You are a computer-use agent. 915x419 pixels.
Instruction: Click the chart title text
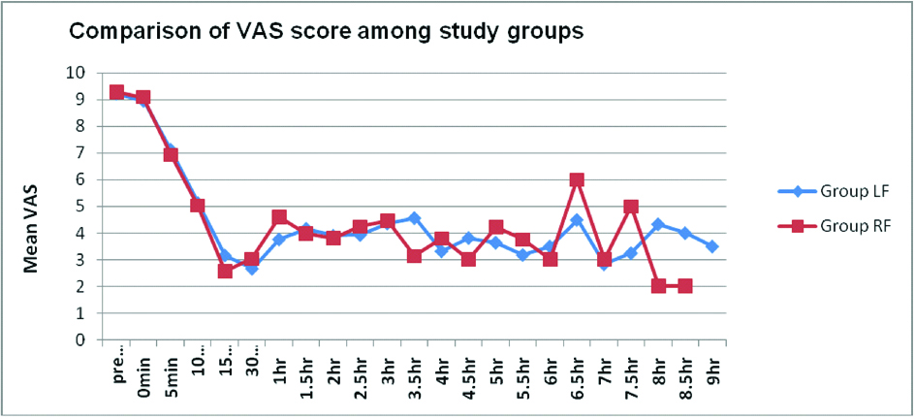pyautogui.click(x=325, y=31)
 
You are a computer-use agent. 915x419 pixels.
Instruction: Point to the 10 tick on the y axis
pyautogui.click(x=77, y=73)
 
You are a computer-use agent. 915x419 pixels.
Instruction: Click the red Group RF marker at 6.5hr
pyautogui.click(x=577, y=179)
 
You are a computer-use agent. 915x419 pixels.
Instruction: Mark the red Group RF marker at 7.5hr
pyautogui.click(x=631, y=207)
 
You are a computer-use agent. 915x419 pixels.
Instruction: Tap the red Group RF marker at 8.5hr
pyautogui.click(x=685, y=286)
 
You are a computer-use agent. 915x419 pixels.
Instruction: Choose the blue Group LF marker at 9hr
pyautogui.click(x=712, y=246)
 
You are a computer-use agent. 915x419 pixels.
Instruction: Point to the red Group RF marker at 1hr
pyautogui.click(x=279, y=217)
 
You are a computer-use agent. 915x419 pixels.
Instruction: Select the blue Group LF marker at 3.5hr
pyautogui.click(x=414, y=218)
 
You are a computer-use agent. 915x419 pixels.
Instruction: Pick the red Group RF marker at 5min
pyautogui.click(x=171, y=155)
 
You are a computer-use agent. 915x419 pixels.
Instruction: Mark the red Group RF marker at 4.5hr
pyautogui.click(x=468, y=260)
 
